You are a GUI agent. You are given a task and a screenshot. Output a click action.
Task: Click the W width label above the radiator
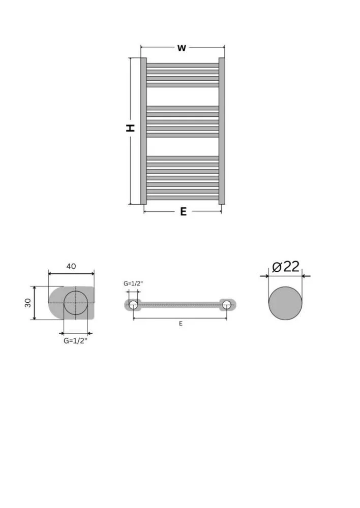pyautogui.click(x=182, y=48)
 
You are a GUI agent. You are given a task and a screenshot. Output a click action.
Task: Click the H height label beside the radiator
pyautogui.click(x=130, y=128)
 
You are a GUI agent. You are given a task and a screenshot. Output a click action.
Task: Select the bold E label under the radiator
pyautogui.click(x=183, y=211)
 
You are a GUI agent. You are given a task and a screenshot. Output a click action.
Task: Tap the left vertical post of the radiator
pyautogui.click(x=143, y=131)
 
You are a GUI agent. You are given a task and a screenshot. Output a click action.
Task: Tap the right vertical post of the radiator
pyautogui.click(x=222, y=131)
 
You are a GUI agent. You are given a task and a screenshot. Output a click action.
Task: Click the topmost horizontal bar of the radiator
pyautogui.click(x=183, y=65)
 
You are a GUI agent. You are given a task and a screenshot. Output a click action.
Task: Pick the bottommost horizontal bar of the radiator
pyautogui.click(x=183, y=198)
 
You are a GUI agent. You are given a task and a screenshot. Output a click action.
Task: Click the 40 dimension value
pyautogui.click(x=71, y=266)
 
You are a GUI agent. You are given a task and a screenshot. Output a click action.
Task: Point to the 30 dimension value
pyautogui.click(x=28, y=303)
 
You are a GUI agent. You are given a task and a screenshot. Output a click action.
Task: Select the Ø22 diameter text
pyautogui.click(x=286, y=267)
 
